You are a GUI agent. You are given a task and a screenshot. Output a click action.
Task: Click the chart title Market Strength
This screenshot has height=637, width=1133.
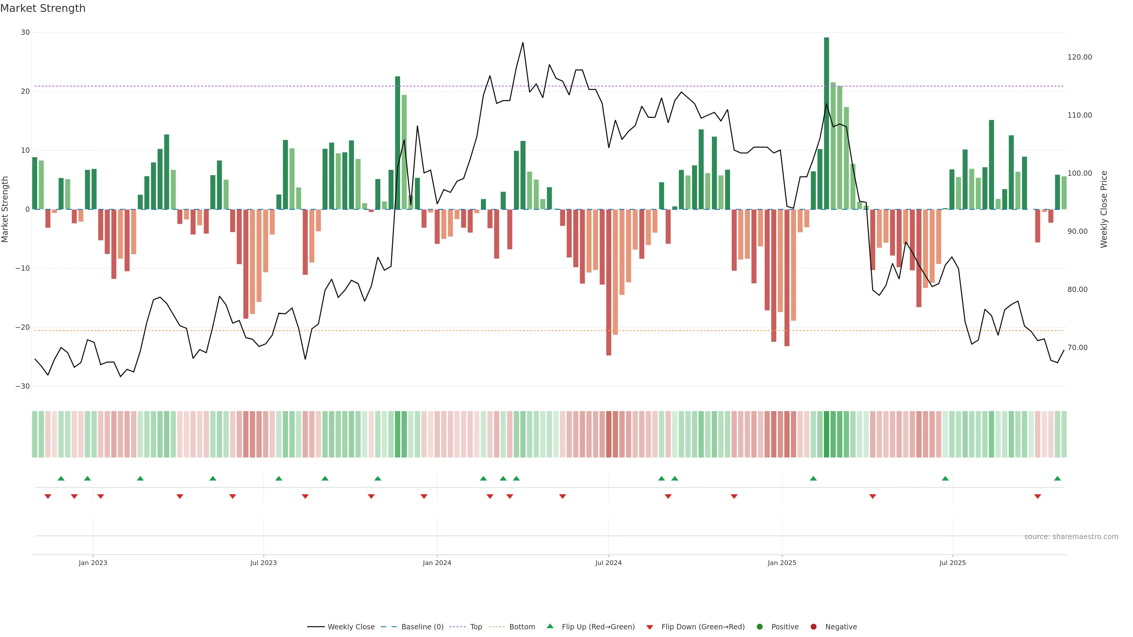pyautogui.click(x=43, y=8)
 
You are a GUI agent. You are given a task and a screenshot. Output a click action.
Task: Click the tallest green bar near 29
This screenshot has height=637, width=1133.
pyautogui.click(x=826, y=123)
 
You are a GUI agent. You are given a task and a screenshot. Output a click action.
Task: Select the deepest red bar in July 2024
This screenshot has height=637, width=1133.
pyautogui.click(x=609, y=281)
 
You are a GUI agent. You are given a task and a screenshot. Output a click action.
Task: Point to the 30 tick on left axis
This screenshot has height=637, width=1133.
pyautogui.click(x=25, y=32)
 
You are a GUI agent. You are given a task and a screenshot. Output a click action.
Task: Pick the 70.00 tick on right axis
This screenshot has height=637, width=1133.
pyautogui.click(x=1078, y=348)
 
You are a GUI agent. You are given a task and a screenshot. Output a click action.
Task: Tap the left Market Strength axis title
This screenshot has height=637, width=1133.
pyautogui.click(x=5, y=209)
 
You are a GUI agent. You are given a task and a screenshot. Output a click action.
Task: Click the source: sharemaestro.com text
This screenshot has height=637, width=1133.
pyautogui.click(x=1071, y=537)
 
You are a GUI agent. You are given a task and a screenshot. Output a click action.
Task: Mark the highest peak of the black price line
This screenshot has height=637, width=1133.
pyautogui.click(x=523, y=43)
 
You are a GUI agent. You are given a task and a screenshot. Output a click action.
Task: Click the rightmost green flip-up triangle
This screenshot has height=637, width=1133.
pyautogui.click(x=1057, y=478)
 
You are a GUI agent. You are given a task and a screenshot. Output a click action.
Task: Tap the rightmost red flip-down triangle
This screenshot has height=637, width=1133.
pyautogui.click(x=1038, y=496)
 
